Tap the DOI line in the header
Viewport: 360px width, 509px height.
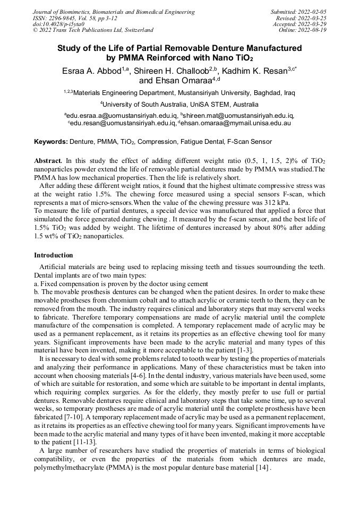(59, 24)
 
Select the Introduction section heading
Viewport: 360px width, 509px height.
(54, 255)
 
